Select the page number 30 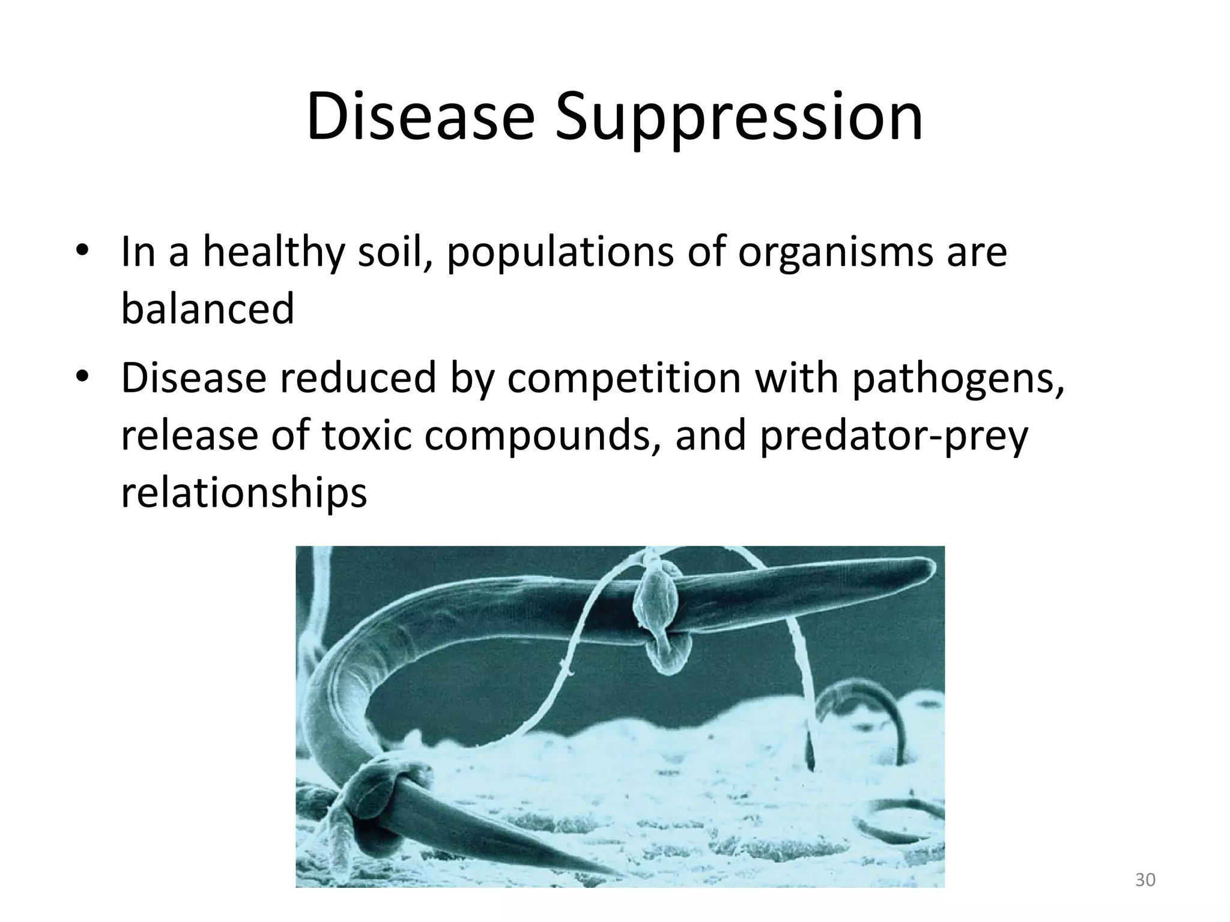click(x=1145, y=881)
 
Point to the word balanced click(x=208, y=309)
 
